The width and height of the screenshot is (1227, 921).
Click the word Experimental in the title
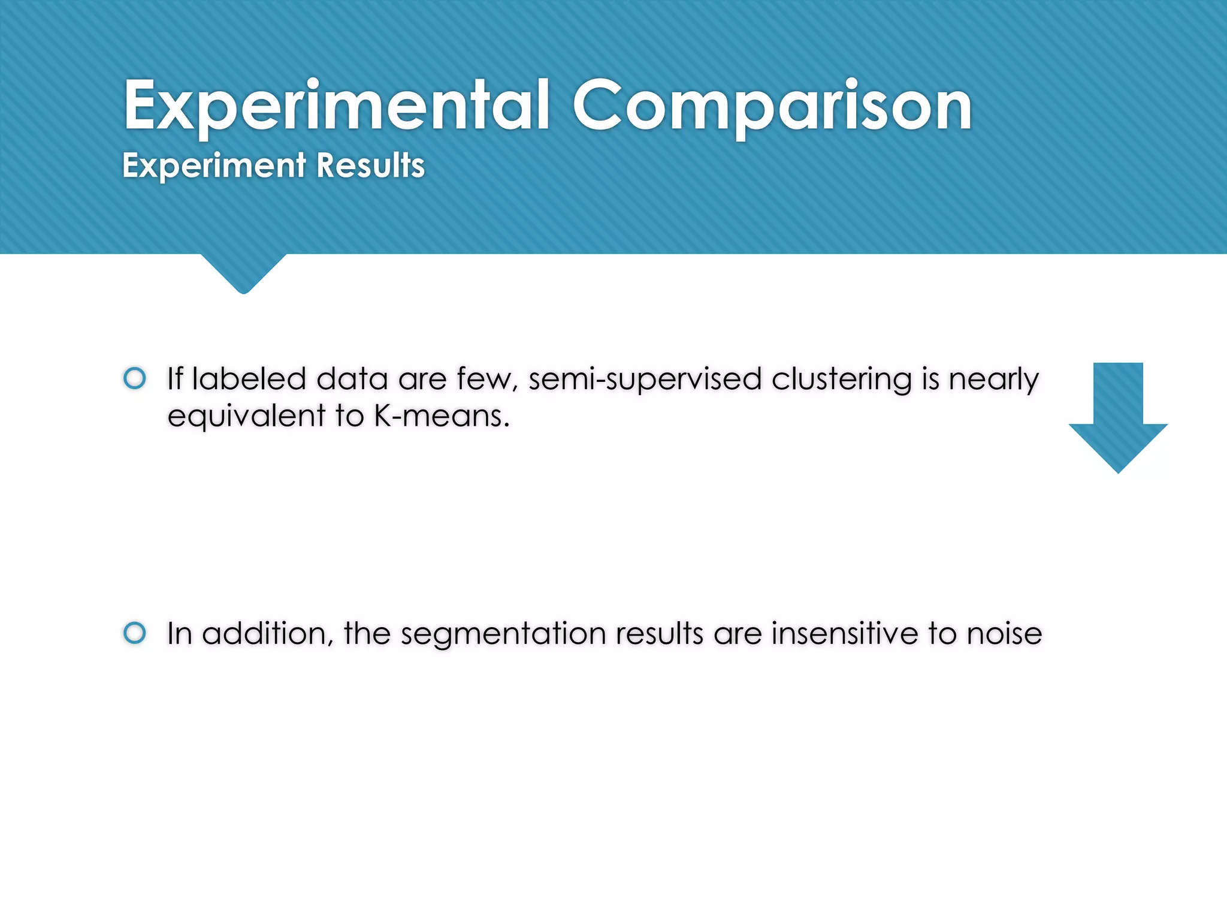pyautogui.click(x=336, y=107)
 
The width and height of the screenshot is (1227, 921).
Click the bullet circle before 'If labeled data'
pyautogui.click(x=135, y=378)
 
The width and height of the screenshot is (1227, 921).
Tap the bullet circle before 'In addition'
pyautogui.click(x=135, y=633)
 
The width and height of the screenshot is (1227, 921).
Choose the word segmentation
pyautogui.click(x=503, y=634)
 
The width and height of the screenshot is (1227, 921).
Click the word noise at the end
pyautogui.click(x=1004, y=633)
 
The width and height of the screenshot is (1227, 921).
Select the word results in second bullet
pyautogui.click(x=659, y=633)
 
